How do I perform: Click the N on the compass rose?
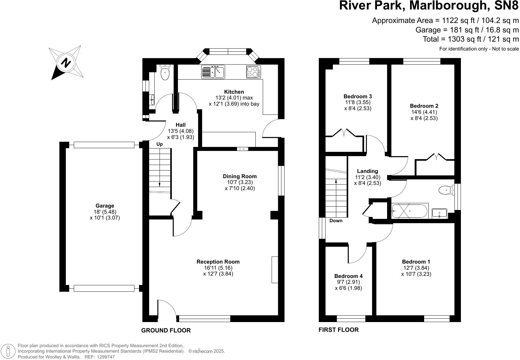point(66,63)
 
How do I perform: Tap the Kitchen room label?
point(234,92)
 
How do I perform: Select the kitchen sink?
point(213,72)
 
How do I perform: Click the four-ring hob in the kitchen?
point(253,72)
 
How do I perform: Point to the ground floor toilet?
point(165,72)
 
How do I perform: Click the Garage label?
point(105,206)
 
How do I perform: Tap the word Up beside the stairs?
point(160,144)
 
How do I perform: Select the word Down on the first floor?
point(336,220)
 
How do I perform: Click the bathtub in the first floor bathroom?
point(410,211)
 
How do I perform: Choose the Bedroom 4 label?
point(349,276)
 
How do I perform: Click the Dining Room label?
point(240,176)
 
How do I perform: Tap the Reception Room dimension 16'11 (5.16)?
point(218,268)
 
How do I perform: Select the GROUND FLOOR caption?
point(166,330)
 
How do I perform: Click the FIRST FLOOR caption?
point(338,330)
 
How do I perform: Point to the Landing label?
point(367,171)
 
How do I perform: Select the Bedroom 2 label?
point(424,106)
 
